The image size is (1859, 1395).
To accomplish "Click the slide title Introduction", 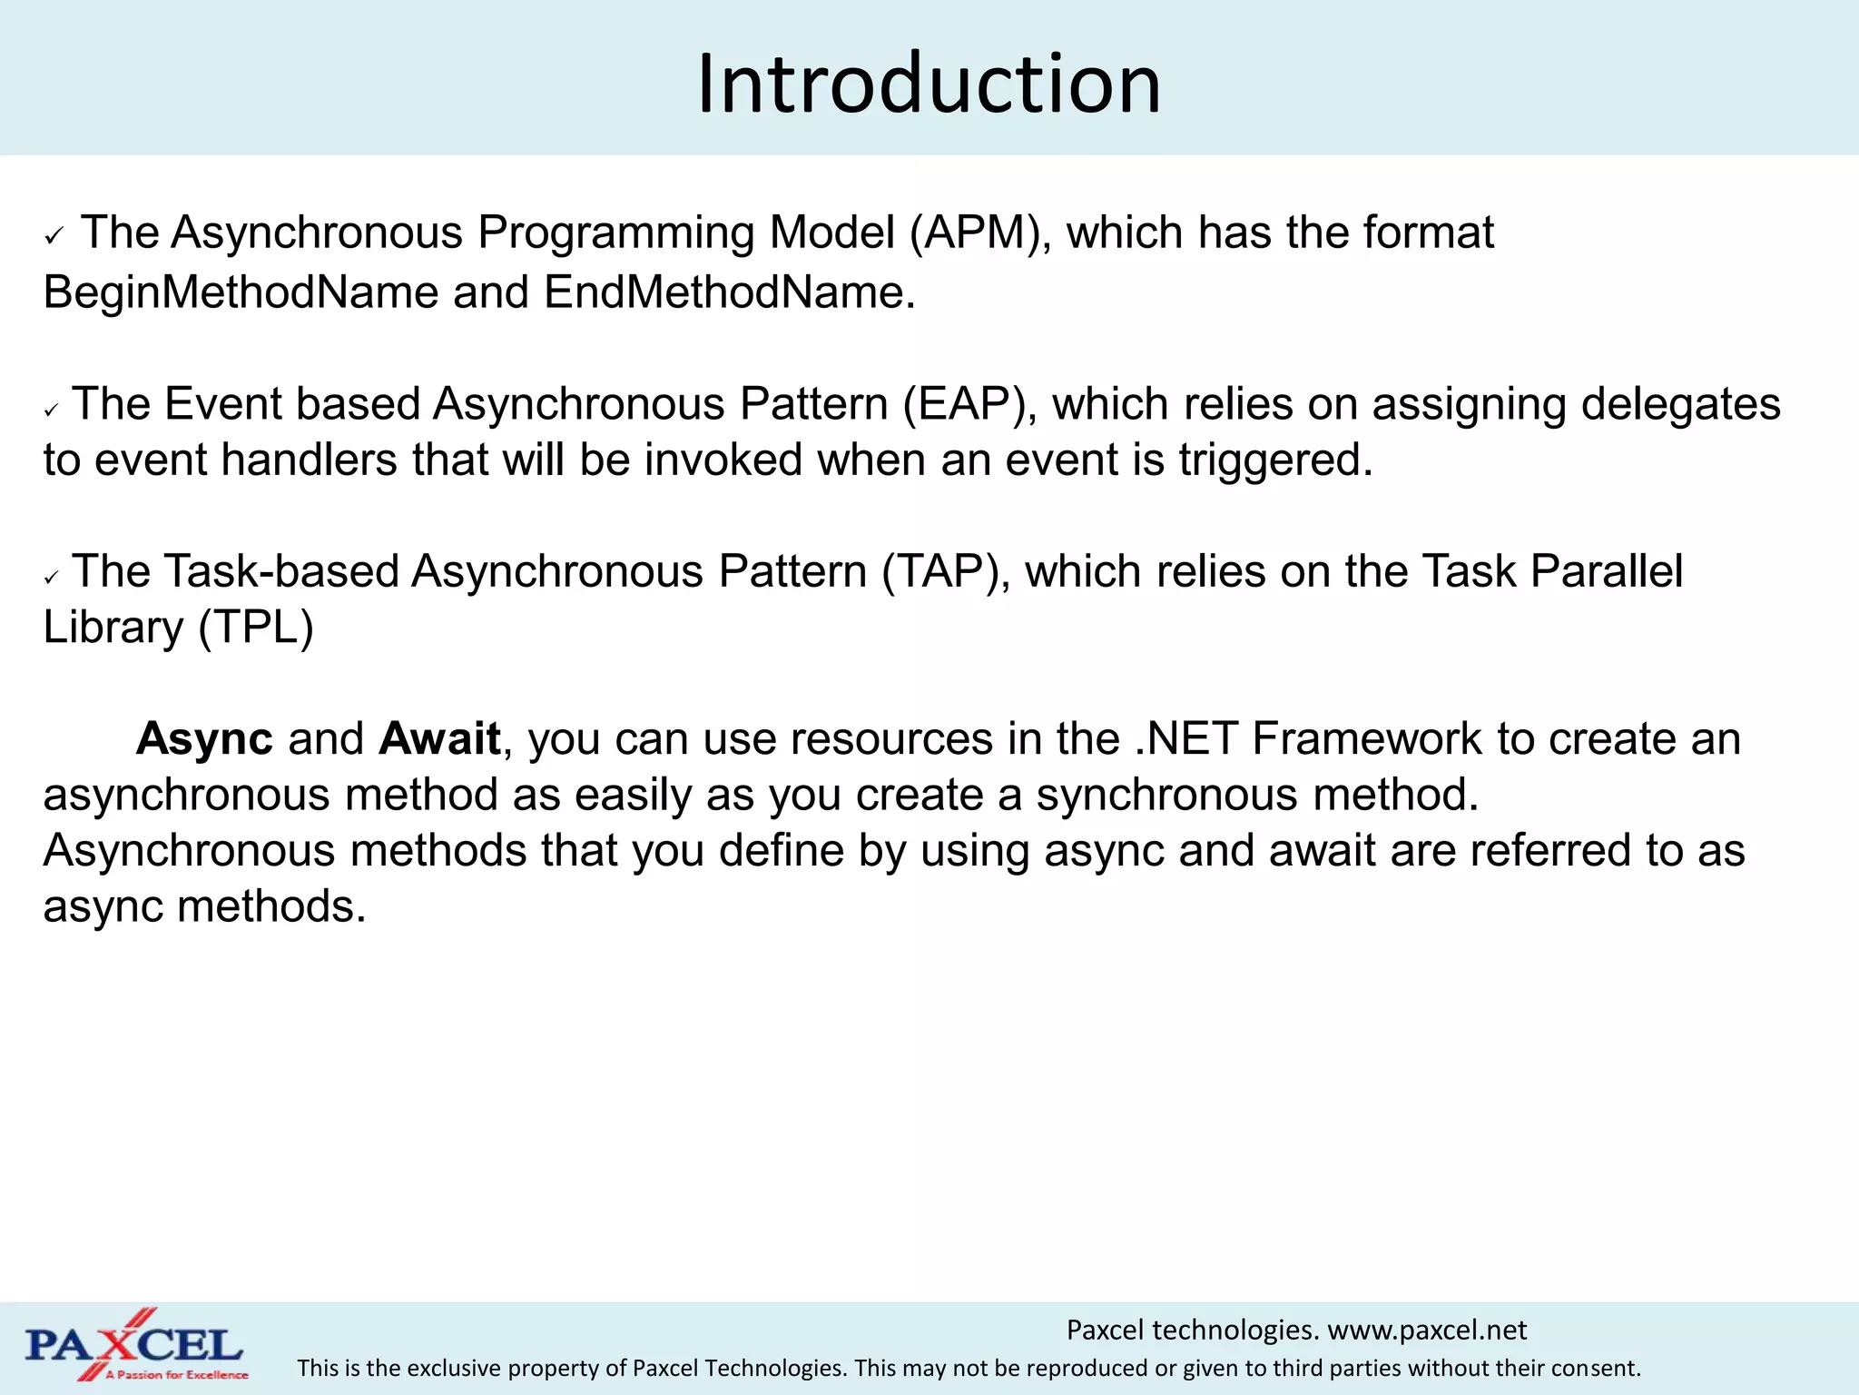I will [929, 84].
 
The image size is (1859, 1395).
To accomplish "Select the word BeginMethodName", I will [241, 292].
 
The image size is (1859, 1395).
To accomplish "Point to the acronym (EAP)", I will [970, 404].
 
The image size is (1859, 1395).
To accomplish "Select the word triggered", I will [1275, 460].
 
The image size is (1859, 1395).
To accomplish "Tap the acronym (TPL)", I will [256, 628].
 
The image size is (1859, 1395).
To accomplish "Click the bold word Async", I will [204, 739].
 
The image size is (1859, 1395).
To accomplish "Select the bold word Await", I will [440, 739].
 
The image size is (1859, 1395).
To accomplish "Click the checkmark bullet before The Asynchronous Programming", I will [54, 238].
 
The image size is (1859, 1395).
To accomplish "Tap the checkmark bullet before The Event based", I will [52, 411].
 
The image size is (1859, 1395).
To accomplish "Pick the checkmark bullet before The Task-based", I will [52, 578].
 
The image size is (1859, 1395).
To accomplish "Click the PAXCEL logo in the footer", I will [134, 1345].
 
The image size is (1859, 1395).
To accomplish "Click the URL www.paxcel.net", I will [1427, 1331].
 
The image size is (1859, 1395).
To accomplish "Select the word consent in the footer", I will [1602, 1369].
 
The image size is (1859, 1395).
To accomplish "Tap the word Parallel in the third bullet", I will [1606, 572].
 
